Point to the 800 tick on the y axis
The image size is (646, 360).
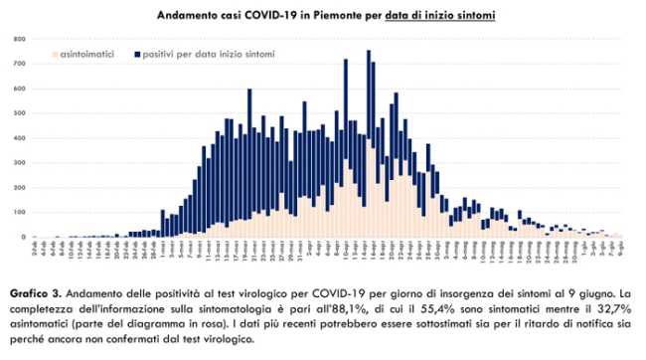coord(19,39)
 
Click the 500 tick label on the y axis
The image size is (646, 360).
coord(19,113)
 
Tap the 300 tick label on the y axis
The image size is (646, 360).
coord(19,163)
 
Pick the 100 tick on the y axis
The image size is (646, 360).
coord(19,213)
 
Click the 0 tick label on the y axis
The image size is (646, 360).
coord(22,238)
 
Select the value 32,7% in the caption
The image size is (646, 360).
coord(598,310)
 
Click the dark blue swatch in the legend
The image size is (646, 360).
coord(136,47)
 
